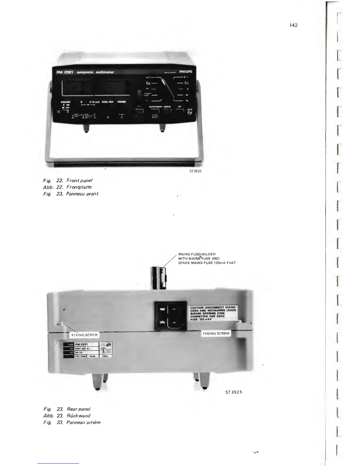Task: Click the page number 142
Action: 293,25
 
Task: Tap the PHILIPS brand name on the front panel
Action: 186,71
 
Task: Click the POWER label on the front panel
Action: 66,102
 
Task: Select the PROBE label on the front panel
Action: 121,102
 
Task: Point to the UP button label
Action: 179,107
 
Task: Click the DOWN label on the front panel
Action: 167,107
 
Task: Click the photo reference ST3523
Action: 195,171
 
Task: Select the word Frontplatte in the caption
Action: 79,187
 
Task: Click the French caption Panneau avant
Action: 82,194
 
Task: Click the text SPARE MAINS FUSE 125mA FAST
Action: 207,263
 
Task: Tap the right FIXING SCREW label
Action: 216,333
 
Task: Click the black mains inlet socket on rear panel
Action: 171,316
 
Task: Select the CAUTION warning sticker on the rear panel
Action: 213,314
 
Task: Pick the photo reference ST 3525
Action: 234,392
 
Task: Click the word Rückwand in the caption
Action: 79,416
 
